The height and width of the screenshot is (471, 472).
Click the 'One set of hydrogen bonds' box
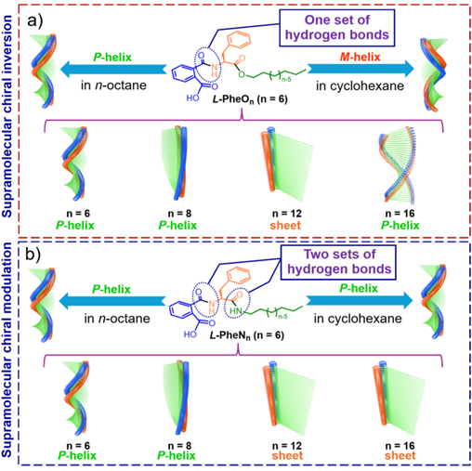pyautogui.click(x=337, y=28)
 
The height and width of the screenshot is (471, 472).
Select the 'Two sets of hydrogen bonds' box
pyautogui.click(x=338, y=262)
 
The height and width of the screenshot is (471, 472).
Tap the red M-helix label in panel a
pyautogui.click(x=360, y=57)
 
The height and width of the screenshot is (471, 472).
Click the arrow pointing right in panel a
pyautogui.click(x=361, y=68)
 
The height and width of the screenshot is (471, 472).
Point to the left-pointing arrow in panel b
pyautogui.click(x=112, y=300)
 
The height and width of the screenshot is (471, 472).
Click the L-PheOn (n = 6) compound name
pyautogui.click(x=250, y=99)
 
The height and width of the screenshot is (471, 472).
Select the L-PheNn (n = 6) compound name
pyautogui.click(x=247, y=335)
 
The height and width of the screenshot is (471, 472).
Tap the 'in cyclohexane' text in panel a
pyautogui.click(x=360, y=85)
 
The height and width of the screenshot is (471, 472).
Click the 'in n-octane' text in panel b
pyautogui.click(x=117, y=319)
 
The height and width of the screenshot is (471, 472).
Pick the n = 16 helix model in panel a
pyautogui.click(x=400, y=165)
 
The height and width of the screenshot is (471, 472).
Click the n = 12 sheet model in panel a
pyautogui.click(x=286, y=164)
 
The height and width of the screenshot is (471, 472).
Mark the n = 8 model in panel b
pyautogui.click(x=177, y=398)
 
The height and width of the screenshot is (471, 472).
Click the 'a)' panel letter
pyautogui.click(x=35, y=20)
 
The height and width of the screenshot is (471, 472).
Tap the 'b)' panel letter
pyautogui.click(x=33, y=255)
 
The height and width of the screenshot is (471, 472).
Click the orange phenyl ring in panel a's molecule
pyautogui.click(x=239, y=41)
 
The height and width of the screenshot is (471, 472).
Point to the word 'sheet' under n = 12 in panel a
pyautogui.click(x=285, y=226)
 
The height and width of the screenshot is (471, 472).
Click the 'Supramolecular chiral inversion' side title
pyautogui.click(x=7, y=116)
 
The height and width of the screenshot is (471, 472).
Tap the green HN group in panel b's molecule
pyautogui.click(x=236, y=310)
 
